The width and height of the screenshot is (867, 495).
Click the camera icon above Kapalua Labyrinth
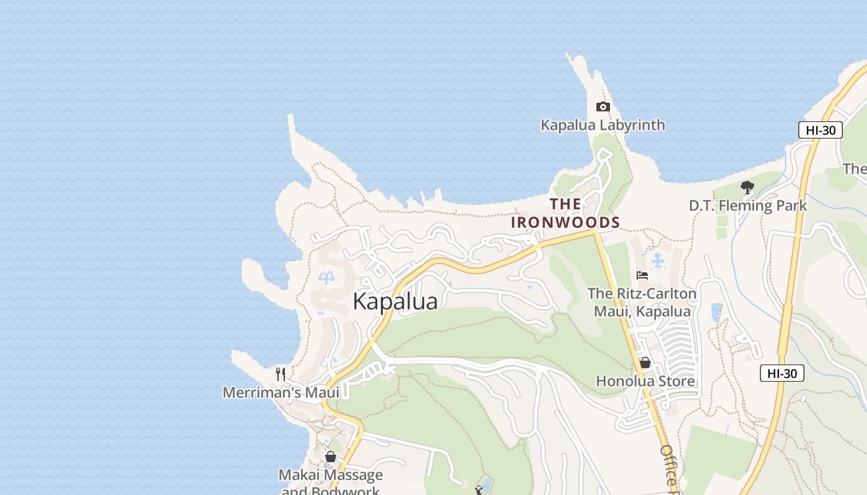(603, 107)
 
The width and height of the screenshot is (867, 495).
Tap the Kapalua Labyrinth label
(603, 125)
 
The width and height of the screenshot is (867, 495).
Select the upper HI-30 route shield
(821, 130)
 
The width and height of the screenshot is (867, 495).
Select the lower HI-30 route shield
(782, 373)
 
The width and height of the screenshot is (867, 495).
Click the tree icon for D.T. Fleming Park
(747, 187)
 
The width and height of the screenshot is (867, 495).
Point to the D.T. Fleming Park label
(747, 205)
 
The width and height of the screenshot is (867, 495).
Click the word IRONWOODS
(565, 222)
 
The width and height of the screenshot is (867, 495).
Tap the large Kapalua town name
(395, 301)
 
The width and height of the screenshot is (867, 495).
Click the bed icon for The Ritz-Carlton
(642, 275)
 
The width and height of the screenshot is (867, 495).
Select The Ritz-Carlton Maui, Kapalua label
(642, 302)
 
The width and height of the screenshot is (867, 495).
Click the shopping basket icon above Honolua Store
(645, 363)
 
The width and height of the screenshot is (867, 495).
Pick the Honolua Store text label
(645, 381)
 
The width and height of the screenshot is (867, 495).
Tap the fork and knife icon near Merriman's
(281, 374)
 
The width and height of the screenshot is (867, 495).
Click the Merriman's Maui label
(281, 393)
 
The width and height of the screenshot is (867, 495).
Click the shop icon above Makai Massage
(331, 457)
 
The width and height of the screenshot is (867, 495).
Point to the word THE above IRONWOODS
(565, 204)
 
